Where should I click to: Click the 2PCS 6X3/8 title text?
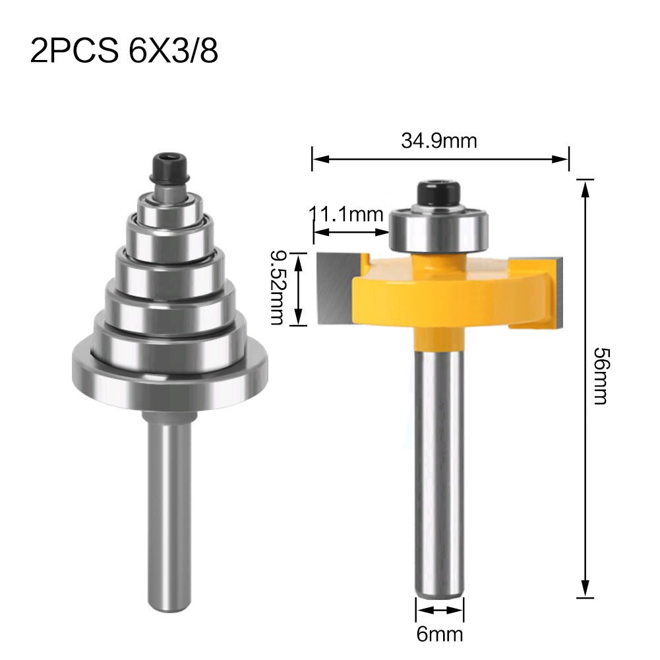pyautogui.click(x=124, y=51)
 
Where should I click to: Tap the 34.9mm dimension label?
pyautogui.click(x=439, y=140)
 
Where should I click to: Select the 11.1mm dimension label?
pyautogui.click(x=346, y=214)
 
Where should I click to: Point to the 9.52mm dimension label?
pyautogui.click(x=277, y=288)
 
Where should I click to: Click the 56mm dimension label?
pyautogui.click(x=601, y=376)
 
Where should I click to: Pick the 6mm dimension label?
pyautogui.click(x=440, y=634)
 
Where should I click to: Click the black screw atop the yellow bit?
pyautogui.click(x=438, y=194)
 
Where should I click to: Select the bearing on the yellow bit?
pyautogui.click(x=438, y=230)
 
